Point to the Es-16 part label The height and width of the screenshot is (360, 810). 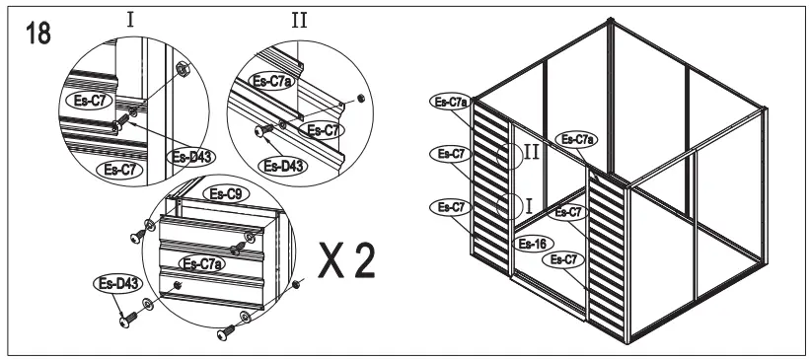(x=534, y=243)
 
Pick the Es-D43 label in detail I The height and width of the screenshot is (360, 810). (x=187, y=156)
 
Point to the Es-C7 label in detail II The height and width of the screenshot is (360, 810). (x=319, y=129)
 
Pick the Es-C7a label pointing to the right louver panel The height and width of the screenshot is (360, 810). (x=578, y=139)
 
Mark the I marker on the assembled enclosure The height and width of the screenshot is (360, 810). (x=529, y=205)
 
